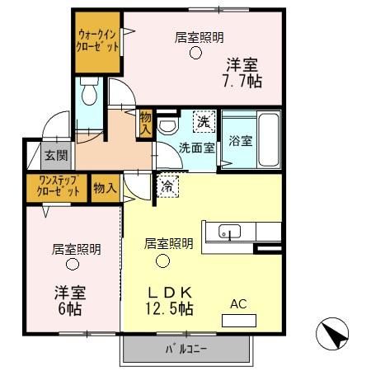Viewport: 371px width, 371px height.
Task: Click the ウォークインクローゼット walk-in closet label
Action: coord(97,41)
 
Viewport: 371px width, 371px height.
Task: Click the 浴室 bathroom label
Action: coord(241,140)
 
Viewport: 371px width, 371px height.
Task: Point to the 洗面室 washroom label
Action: coord(197,148)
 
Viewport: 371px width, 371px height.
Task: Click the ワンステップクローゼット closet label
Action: coord(59,186)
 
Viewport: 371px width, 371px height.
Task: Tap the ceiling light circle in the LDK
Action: coord(163,261)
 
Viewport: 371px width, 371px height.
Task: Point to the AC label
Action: coord(238,304)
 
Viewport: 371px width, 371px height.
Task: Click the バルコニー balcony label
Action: coord(185,348)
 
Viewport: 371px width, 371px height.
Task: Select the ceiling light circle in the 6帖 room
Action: coord(73,265)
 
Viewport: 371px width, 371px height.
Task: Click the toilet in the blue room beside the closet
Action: coord(89,92)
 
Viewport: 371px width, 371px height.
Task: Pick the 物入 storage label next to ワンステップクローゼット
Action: coord(105,187)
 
